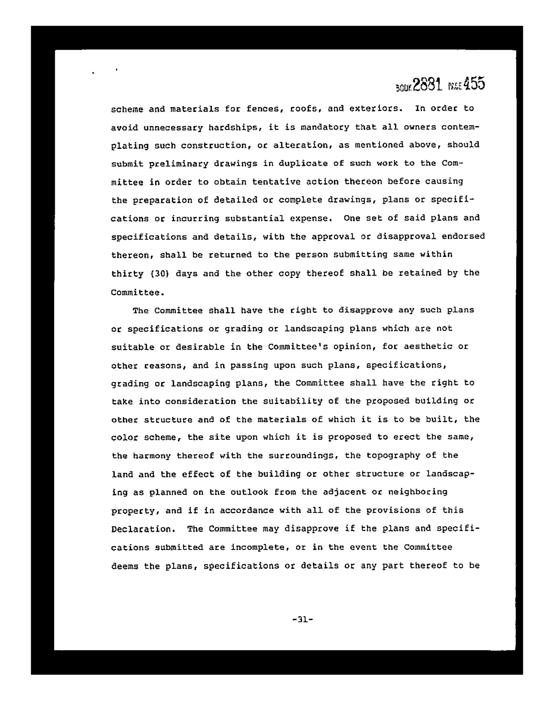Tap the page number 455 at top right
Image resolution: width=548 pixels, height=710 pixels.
pyautogui.click(x=474, y=84)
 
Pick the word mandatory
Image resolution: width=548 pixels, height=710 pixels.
pyautogui.click(x=325, y=127)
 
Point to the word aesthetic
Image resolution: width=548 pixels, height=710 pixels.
pyautogui.click(x=428, y=347)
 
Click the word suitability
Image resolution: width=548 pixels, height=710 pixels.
pyautogui.click(x=292, y=401)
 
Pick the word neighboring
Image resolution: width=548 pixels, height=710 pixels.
pyautogui.click(x=417, y=492)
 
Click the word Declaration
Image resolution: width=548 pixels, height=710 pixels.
pyautogui.click(x=140, y=529)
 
